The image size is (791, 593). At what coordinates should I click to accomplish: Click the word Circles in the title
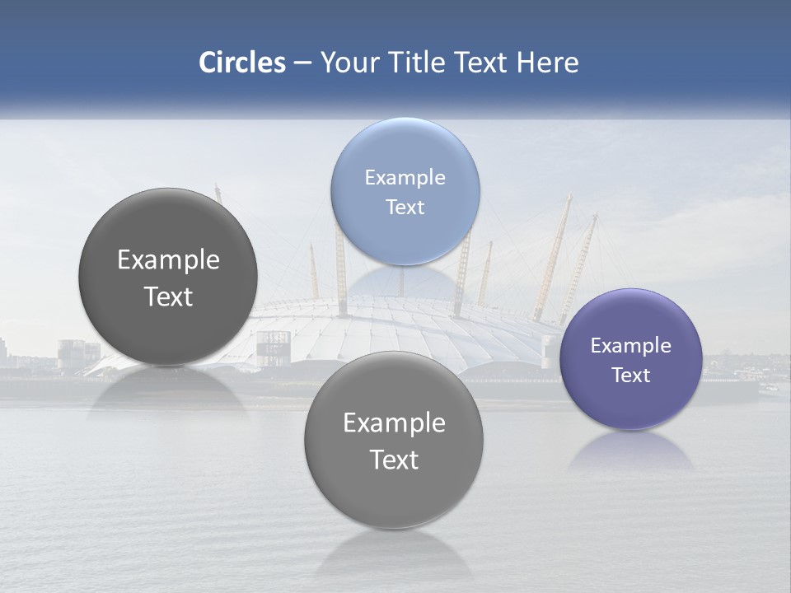click(242, 63)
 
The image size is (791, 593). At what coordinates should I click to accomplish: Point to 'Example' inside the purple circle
click(631, 345)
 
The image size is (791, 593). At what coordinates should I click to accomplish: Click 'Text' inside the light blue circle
click(405, 207)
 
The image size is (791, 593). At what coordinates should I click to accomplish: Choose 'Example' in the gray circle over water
click(394, 423)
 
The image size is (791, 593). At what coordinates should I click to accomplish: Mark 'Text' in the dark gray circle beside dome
click(168, 296)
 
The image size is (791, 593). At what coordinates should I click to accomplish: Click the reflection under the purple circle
click(631, 451)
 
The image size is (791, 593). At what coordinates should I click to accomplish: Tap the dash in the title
click(302, 63)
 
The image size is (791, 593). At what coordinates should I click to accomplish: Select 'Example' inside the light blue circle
click(405, 177)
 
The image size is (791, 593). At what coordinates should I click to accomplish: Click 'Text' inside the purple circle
click(631, 375)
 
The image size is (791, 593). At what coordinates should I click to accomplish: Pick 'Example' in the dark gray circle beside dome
click(168, 259)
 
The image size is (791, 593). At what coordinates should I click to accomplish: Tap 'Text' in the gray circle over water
click(394, 460)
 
